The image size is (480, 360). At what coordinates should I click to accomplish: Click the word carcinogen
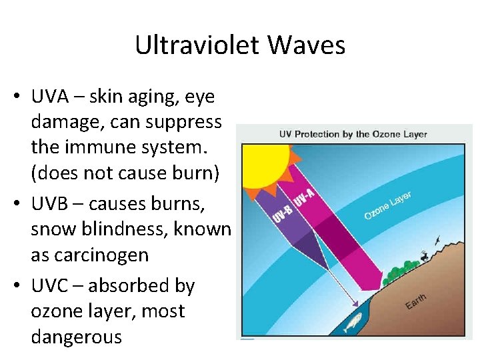89,255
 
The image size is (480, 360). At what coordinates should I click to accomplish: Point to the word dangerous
76,337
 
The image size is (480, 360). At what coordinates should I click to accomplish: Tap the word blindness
123,229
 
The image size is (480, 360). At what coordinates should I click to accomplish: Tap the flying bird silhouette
437,239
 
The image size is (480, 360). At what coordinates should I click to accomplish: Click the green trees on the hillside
397,271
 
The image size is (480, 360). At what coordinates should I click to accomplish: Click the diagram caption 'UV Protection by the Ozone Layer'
353,134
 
